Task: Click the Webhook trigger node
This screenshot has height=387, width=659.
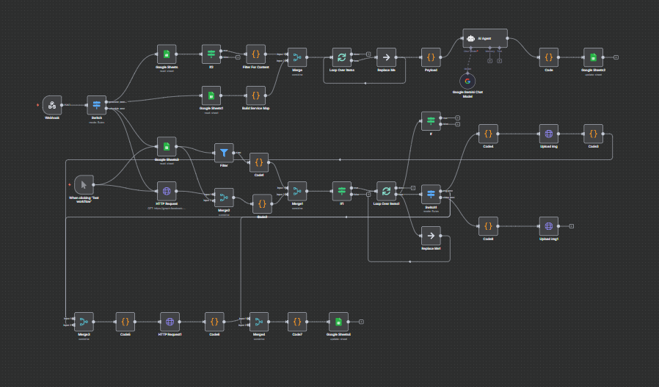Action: (52, 105)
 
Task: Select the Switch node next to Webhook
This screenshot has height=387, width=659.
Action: (97, 105)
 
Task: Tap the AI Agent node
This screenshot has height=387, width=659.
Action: (484, 38)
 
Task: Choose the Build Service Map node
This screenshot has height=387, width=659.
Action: (255, 95)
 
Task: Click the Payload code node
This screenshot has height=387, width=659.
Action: (431, 57)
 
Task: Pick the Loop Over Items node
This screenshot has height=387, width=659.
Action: (341, 57)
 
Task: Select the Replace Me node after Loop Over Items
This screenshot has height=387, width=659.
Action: (386, 57)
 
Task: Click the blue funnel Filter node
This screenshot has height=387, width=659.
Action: (224, 153)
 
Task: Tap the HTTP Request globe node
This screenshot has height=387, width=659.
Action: (167, 190)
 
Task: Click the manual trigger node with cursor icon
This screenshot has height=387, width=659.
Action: (84, 184)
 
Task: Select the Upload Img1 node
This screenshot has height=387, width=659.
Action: (548, 226)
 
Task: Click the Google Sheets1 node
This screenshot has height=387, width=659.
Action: (211, 95)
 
